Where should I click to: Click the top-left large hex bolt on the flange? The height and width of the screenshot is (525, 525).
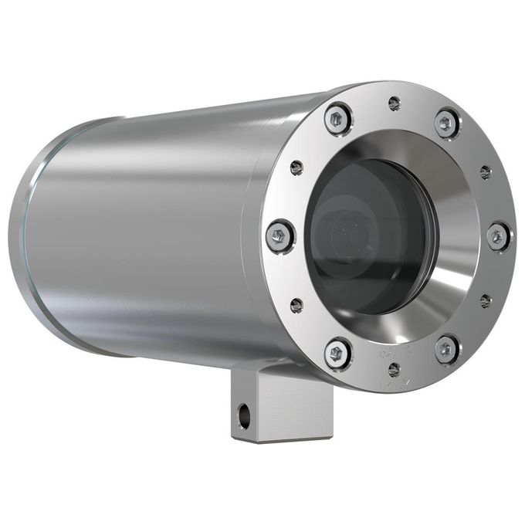[x=338, y=119]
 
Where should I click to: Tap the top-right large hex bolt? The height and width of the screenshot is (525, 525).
[x=447, y=122]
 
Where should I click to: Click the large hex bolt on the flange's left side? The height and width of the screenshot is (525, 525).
[x=279, y=235]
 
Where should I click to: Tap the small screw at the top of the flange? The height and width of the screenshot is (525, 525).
[x=395, y=103]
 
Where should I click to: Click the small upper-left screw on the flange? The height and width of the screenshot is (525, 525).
[x=296, y=167]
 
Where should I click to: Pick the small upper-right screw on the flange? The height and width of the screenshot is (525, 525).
[x=485, y=171]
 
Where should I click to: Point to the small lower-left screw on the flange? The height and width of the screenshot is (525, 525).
[x=296, y=305]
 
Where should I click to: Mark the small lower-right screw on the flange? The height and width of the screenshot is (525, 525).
[x=485, y=300]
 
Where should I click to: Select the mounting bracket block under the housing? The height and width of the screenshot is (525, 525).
[x=278, y=405]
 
